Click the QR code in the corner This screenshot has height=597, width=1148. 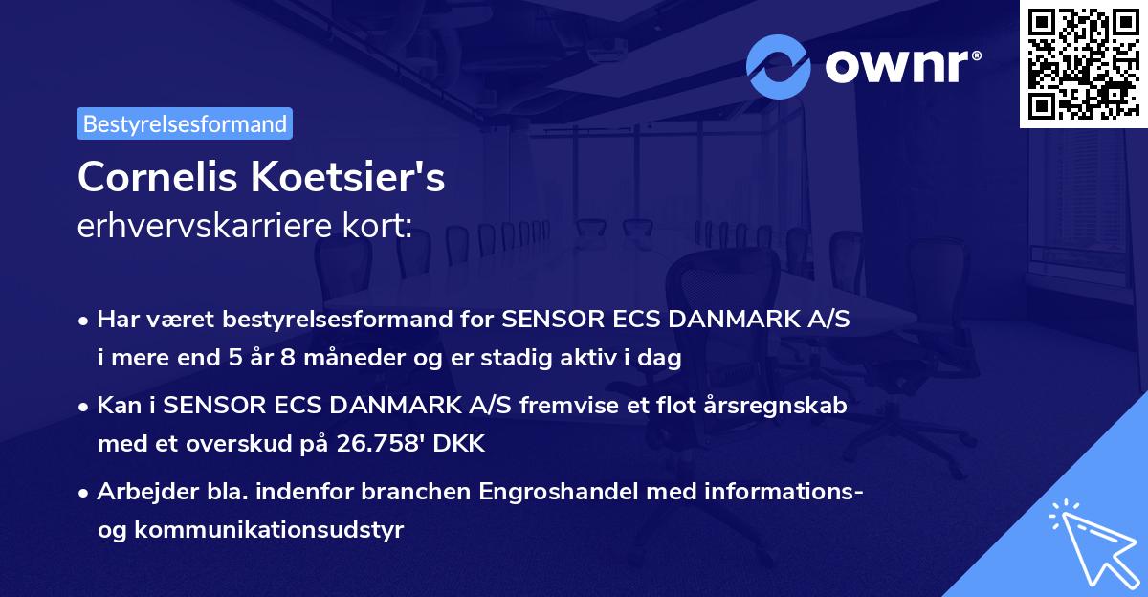click(x=1082, y=64)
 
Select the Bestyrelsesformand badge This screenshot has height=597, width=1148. click(x=185, y=123)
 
